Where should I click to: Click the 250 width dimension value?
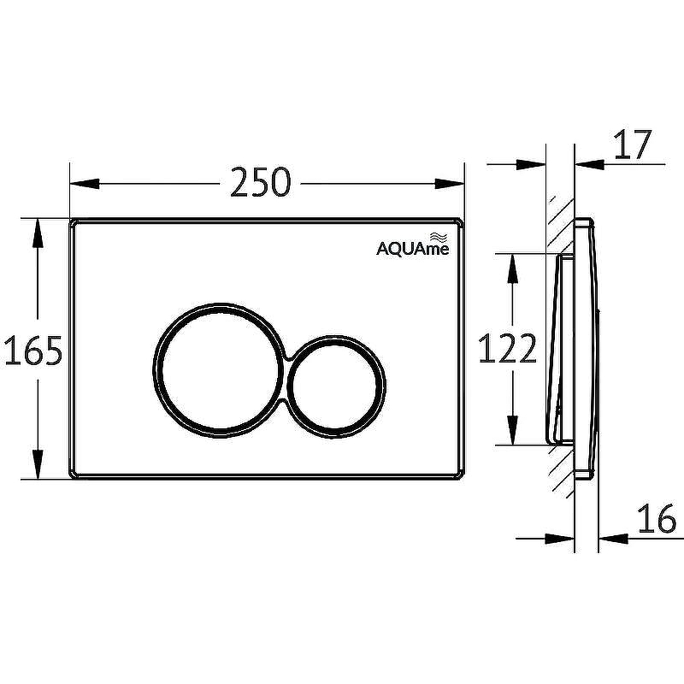[261, 182]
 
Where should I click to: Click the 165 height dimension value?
[33, 351]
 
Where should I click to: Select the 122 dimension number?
[507, 348]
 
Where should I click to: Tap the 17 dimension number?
[633, 144]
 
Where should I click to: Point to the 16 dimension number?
[657, 519]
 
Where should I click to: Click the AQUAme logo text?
[413, 249]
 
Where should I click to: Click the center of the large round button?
[220, 370]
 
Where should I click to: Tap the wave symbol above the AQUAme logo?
[439, 238]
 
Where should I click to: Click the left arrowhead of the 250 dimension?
[85, 183]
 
